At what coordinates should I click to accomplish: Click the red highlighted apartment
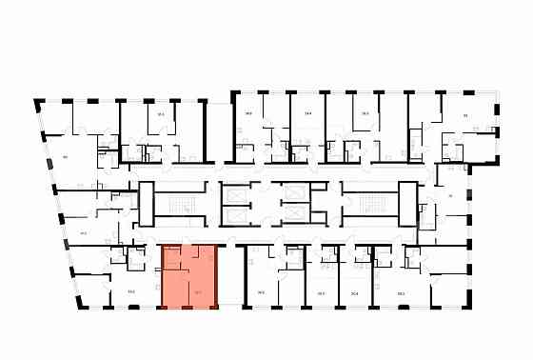(188, 276)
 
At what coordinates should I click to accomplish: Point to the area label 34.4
(307, 112)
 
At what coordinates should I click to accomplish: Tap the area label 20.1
(321, 293)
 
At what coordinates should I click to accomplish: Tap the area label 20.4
(354, 293)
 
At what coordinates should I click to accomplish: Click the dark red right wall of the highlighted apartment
(216, 276)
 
